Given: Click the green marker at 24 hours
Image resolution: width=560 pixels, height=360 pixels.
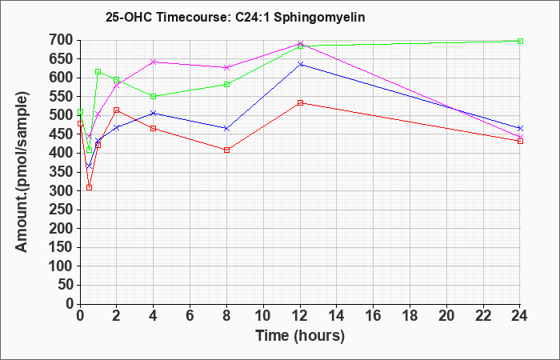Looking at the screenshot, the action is point(520,41).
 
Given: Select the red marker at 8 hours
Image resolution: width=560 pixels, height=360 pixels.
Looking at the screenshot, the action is point(226,150).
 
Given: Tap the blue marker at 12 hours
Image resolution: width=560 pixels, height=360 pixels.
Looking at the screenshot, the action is point(300,64).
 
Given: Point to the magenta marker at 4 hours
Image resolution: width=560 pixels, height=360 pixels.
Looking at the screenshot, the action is point(154,62).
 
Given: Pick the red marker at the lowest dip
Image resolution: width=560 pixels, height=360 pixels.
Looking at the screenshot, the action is point(90,187).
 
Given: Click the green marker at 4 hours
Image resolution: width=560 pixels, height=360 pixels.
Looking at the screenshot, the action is point(154,97).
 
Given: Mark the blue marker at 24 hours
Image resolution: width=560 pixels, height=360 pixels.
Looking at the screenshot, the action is point(520,128).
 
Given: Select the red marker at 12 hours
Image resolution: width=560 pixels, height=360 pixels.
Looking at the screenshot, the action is point(300,103).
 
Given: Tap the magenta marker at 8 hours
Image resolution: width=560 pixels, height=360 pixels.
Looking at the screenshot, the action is point(226,67).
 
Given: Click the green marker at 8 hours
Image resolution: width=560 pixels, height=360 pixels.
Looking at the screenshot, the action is point(226,84).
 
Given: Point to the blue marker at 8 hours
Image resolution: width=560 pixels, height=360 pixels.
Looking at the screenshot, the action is point(226,128).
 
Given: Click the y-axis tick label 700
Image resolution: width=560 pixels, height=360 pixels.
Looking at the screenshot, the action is point(62,40).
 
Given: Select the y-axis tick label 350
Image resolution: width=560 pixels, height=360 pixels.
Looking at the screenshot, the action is point(62,172).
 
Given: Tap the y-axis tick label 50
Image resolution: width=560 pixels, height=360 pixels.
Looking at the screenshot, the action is point(66,285).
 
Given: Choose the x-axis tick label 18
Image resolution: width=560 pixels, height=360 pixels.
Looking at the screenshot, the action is point(410,316).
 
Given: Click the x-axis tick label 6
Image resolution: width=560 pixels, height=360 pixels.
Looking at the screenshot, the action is point(190,316).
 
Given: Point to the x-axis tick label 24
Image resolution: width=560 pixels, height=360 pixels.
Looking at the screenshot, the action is point(519,316).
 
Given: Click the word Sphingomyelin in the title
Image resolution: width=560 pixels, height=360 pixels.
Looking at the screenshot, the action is point(319,18).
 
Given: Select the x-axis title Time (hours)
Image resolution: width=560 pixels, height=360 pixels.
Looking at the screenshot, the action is point(300,336).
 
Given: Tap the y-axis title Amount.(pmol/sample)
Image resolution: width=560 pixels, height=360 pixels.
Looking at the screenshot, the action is point(22,172).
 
